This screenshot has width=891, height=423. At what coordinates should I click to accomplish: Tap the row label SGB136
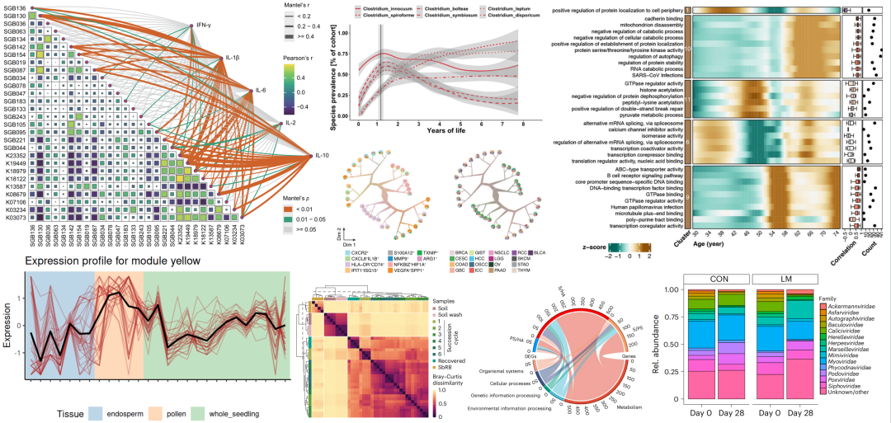(x=16, y=8)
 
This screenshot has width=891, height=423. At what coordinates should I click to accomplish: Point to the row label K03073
(x=16, y=218)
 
